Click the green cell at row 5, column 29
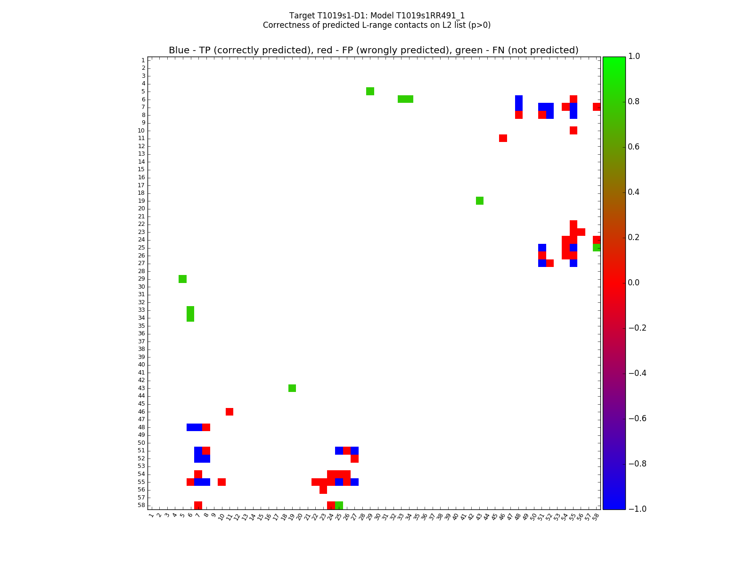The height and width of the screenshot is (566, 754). (370, 91)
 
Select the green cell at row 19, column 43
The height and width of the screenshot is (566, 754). (480, 200)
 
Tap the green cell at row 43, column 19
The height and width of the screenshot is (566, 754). (292, 388)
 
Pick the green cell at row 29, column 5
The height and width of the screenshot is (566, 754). (182, 279)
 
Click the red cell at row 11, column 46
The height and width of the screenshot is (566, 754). (503, 138)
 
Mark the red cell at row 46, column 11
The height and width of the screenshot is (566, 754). (229, 412)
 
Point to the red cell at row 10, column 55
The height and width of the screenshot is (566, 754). (574, 130)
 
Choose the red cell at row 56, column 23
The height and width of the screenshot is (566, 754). (323, 490)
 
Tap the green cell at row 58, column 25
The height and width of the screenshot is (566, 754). (339, 505)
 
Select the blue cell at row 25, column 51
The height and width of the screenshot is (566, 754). (542, 248)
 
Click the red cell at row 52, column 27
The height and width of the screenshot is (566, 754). (354, 458)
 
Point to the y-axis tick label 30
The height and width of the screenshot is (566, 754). (141, 287)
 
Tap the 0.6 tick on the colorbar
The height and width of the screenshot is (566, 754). (634, 147)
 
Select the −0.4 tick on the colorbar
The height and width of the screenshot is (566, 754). (637, 373)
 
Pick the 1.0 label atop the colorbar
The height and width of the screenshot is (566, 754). (634, 56)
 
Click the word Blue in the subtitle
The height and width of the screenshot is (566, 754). (179, 50)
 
